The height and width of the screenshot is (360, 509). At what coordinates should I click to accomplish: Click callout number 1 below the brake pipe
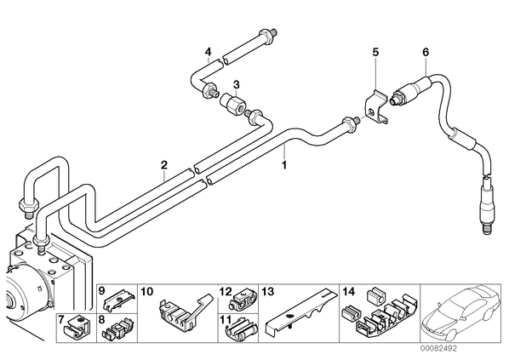click(x=284, y=165)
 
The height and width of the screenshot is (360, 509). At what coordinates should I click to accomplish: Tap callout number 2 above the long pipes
click(x=164, y=165)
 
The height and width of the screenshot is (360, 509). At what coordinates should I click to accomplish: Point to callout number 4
click(x=208, y=52)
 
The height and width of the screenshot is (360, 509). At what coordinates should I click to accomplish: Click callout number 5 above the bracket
click(x=375, y=52)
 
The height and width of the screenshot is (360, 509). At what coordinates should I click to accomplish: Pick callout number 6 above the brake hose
click(x=426, y=52)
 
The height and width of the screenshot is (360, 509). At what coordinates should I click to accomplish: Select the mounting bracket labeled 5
click(x=375, y=107)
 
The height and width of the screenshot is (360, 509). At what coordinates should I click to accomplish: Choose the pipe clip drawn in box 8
click(x=117, y=330)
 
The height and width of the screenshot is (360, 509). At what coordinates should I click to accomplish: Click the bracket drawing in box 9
click(x=119, y=300)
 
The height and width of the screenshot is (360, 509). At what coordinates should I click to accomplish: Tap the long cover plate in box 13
click(x=301, y=311)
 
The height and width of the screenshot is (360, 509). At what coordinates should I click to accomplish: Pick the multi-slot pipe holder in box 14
click(x=380, y=311)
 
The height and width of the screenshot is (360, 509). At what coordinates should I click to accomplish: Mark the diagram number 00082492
click(x=439, y=348)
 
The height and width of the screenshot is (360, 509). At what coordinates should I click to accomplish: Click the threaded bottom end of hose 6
click(x=487, y=227)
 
